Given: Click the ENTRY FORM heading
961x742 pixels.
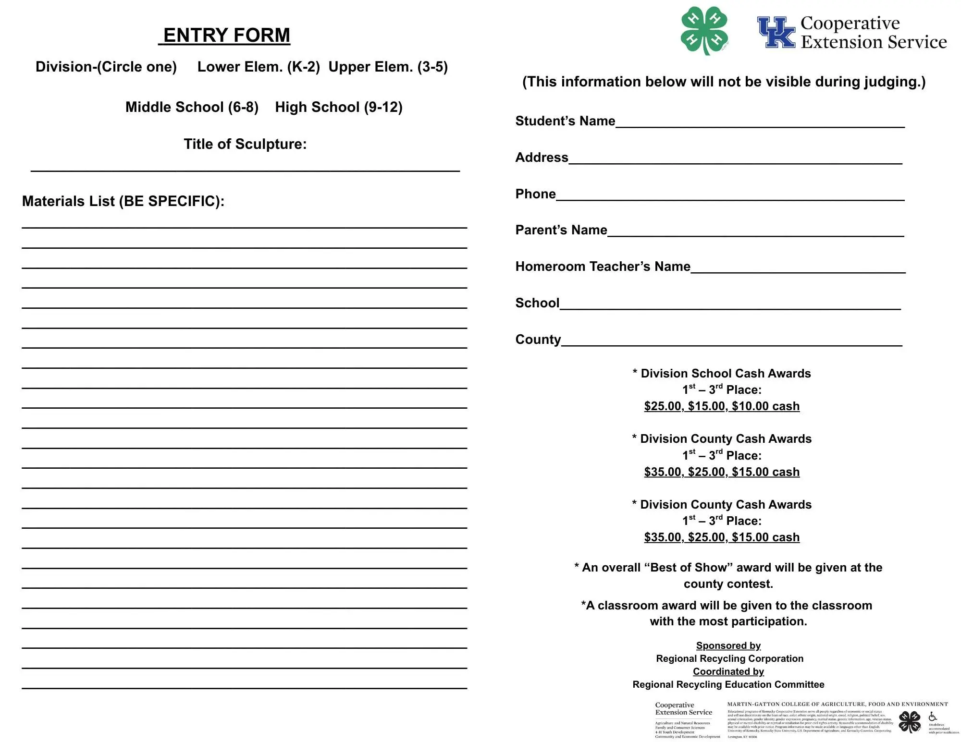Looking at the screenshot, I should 226,36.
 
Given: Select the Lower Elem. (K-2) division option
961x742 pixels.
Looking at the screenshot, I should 259,67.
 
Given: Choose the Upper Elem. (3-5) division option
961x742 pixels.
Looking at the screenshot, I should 388,67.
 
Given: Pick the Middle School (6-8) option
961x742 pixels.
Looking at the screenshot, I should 192,107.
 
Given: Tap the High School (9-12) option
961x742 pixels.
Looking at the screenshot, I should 339,107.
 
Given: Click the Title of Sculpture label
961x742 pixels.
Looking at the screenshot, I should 245,144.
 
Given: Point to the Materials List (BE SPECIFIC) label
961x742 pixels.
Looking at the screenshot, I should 123,201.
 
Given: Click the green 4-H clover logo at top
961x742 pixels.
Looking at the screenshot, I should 704,30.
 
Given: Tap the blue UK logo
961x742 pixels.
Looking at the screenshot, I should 776,33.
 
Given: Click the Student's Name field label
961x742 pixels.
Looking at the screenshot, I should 565,121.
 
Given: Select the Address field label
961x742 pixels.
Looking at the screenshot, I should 542,158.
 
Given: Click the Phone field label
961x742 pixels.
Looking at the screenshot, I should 535,194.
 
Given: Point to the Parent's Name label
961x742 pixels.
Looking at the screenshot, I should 561,230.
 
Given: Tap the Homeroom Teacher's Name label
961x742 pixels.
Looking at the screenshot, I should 603,267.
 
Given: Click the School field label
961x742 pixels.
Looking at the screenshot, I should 537,303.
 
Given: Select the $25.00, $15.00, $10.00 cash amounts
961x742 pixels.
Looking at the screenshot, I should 722,406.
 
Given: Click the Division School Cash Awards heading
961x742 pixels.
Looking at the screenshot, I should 722,374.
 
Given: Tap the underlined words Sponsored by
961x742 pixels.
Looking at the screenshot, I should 728,645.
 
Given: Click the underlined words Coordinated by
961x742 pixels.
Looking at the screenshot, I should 728,671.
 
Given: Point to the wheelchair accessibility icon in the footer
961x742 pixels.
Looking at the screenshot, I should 933,717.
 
